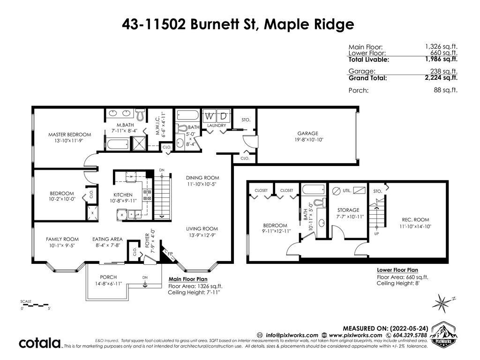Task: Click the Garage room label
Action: coord(307,134)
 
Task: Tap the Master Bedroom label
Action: coord(69,135)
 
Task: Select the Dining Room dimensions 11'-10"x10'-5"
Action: coord(202,184)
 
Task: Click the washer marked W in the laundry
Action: coord(210,116)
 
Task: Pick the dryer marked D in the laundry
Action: coord(224,116)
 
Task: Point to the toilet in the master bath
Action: coord(141,114)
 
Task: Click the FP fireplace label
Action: coord(170,254)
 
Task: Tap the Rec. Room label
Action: coord(415,220)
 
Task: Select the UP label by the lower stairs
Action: coord(376,233)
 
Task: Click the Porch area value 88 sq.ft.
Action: coord(445,90)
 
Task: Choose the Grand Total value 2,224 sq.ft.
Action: coord(441,77)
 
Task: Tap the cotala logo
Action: coord(40,343)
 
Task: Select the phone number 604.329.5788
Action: coord(410,335)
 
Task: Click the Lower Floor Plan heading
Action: coord(397,270)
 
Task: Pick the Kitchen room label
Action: coord(123,195)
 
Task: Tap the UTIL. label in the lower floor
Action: coord(347,190)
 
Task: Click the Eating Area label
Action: coord(107,239)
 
